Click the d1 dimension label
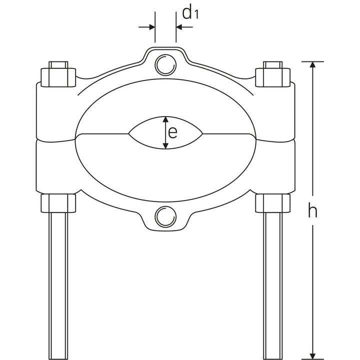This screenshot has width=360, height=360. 190,12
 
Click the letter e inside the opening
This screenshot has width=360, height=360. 172,132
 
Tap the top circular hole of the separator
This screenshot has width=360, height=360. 165,65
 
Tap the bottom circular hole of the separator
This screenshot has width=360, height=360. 165,216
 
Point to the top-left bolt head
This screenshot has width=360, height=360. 58,74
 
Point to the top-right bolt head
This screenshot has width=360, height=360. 272,74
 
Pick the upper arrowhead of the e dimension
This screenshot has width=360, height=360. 165,120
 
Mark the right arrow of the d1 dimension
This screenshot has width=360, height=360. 180,27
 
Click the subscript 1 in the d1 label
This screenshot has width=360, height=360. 197,15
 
